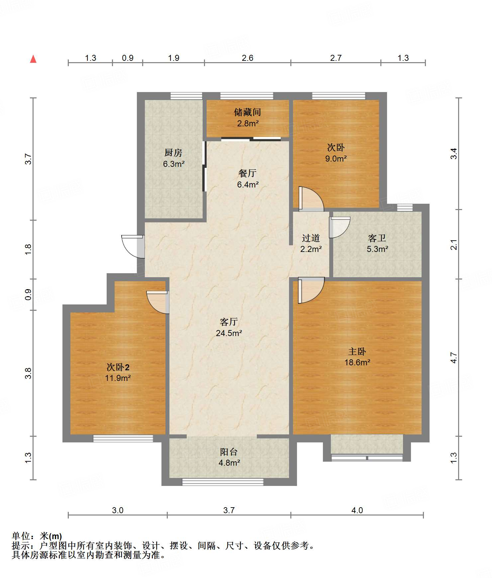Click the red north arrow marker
(x=33, y=59)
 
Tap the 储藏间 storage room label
(x=247, y=112)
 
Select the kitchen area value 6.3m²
(x=174, y=164)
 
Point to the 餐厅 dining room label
(x=247, y=173)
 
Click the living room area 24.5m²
(x=229, y=333)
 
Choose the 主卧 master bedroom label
(x=357, y=351)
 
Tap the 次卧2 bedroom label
(x=118, y=367)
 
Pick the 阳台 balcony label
(x=229, y=452)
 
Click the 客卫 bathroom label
(x=377, y=238)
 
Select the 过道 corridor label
(x=311, y=238)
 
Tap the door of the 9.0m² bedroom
(x=311, y=199)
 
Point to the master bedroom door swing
(x=311, y=290)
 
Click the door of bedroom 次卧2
(x=158, y=302)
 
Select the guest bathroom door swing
(x=340, y=227)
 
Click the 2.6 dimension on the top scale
(x=247, y=58)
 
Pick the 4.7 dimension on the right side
(x=454, y=358)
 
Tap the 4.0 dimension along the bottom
(x=357, y=510)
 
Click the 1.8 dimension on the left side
(x=28, y=249)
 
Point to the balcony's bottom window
(x=223, y=482)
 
